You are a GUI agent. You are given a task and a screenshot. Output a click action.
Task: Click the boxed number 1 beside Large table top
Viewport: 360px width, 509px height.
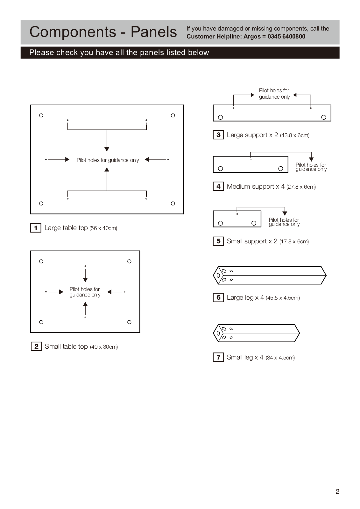(x=36, y=228)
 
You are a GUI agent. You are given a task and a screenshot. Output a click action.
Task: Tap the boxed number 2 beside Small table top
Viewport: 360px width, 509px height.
(x=36, y=346)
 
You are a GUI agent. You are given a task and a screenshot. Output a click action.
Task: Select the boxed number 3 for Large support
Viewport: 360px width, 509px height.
(x=218, y=135)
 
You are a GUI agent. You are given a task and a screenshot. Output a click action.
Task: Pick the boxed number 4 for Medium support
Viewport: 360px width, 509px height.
(x=218, y=186)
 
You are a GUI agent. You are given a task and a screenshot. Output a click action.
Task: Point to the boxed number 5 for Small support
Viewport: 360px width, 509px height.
(x=218, y=241)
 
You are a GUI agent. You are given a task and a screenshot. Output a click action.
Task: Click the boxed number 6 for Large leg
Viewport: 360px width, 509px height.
(x=218, y=297)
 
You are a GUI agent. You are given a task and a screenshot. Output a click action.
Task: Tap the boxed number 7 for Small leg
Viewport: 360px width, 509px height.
(x=218, y=357)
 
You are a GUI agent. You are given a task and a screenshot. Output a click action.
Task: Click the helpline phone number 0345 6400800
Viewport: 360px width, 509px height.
(x=286, y=37)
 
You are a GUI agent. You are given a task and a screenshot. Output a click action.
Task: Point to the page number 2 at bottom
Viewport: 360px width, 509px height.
(x=337, y=492)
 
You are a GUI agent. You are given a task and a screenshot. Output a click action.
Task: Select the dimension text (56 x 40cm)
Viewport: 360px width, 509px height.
(x=103, y=228)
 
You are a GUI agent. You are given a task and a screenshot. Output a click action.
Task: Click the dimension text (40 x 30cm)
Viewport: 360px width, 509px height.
(x=104, y=347)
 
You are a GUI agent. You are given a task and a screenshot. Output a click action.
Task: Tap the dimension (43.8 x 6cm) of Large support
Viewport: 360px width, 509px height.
(x=294, y=136)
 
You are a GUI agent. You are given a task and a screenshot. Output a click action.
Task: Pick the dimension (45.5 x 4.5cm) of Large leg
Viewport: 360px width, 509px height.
(x=283, y=298)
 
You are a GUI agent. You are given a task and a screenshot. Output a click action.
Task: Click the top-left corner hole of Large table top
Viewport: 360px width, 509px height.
(x=41, y=115)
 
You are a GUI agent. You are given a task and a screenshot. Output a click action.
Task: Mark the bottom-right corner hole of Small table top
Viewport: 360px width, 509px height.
(x=129, y=322)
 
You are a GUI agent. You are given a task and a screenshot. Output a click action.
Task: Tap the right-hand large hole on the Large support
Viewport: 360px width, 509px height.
(x=324, y=117)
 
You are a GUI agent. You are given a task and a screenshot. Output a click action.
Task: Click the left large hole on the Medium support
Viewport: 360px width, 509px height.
(x=220, y=169)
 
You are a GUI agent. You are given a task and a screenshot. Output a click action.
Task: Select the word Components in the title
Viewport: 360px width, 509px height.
(x=73, y=32)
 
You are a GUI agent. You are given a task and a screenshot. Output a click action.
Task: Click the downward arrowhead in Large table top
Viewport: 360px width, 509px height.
(x=107, y=149)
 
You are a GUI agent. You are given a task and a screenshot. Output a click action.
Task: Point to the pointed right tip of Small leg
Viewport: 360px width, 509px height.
(x=299, y=333)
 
